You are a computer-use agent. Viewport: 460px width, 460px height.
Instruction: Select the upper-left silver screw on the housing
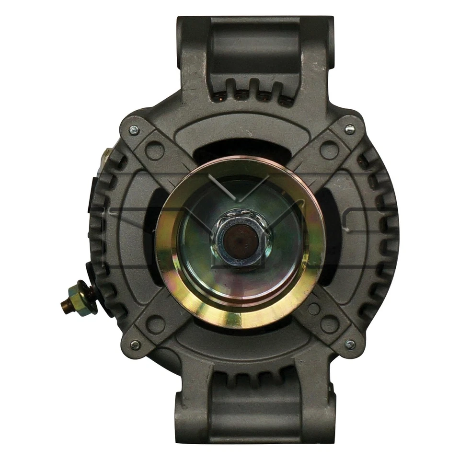pyautogui.click(x=134, y=129)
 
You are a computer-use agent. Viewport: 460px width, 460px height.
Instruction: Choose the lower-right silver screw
pyautogui.click(x=350, y=344)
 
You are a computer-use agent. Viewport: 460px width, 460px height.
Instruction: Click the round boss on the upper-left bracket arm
pyautogui.click(x=154, y=150)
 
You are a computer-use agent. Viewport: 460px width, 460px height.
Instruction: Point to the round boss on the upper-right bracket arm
pyautogui.click(x=329, y=150)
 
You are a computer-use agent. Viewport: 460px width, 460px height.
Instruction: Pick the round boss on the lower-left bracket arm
pyautogui.click(x=154, y=324)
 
